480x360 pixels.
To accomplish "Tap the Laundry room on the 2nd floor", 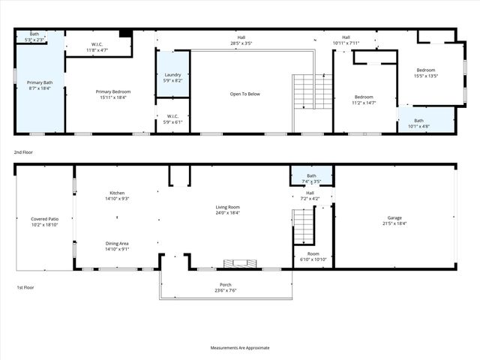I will pos(172,76).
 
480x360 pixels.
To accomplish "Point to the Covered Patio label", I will pos(45,219).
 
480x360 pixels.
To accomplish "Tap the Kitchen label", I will pos(116,193).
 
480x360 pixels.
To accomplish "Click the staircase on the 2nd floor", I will pos(312,91).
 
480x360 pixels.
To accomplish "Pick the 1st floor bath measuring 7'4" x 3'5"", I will pos(311,178).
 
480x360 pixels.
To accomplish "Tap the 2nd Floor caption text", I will pos(25,152).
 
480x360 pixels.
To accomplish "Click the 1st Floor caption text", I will pos(25,288).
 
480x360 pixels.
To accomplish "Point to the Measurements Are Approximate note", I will pos(240,348).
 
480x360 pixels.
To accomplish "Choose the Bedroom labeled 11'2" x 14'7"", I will pos(364,100).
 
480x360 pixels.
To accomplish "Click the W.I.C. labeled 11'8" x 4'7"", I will pos(97,46).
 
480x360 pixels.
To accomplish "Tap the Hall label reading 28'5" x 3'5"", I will pos(241,40).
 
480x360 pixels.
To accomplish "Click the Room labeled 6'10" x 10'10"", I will pos(313,256).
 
